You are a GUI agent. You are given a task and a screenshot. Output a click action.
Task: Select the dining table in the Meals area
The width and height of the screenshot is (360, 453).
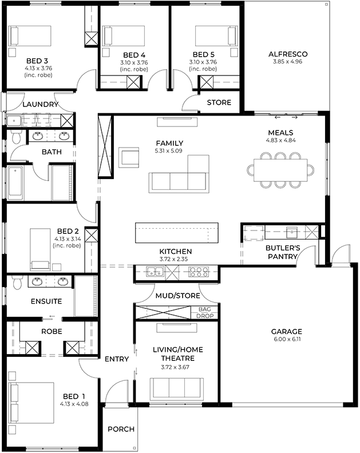(x=280, y=169)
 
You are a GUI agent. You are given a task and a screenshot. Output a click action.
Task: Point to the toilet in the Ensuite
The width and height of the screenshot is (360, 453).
(x=17, y=283)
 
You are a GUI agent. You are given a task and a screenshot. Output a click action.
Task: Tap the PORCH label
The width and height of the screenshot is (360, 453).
(x=121, y=429)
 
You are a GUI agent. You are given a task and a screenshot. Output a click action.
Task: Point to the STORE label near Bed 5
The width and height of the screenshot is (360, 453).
(x=219, y=102)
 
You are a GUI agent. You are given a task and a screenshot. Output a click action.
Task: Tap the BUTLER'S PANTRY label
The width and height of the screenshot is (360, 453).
(x=281, y=253)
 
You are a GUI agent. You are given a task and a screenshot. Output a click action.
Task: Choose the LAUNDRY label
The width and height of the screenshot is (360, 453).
(x=40, y=105)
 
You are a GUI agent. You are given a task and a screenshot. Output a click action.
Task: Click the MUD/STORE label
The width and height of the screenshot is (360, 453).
(x=177, y=296)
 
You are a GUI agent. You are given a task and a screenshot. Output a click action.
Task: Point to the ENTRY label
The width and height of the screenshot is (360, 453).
(x=117, y=359)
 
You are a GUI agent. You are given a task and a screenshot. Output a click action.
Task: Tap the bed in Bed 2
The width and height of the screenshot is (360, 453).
(x=41, y=247)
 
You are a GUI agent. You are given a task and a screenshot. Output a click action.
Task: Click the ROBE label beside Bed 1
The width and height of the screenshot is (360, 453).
(x=51, y=331)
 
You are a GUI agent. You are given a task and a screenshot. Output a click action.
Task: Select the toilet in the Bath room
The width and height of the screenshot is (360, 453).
(x=15, y=137)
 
